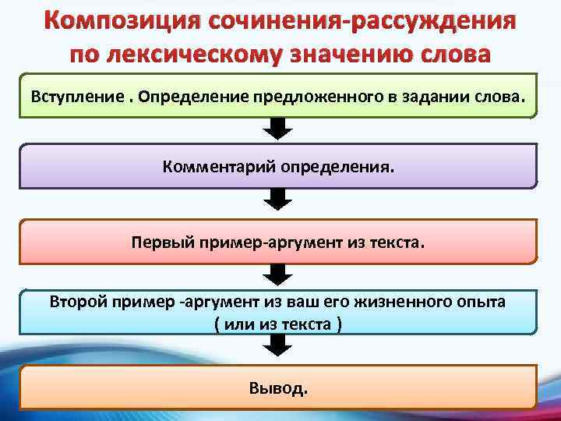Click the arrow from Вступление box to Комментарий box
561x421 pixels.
277,129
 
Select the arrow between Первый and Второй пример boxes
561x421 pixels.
277,274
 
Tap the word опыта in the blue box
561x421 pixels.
482,301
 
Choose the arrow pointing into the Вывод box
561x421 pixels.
277,348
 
